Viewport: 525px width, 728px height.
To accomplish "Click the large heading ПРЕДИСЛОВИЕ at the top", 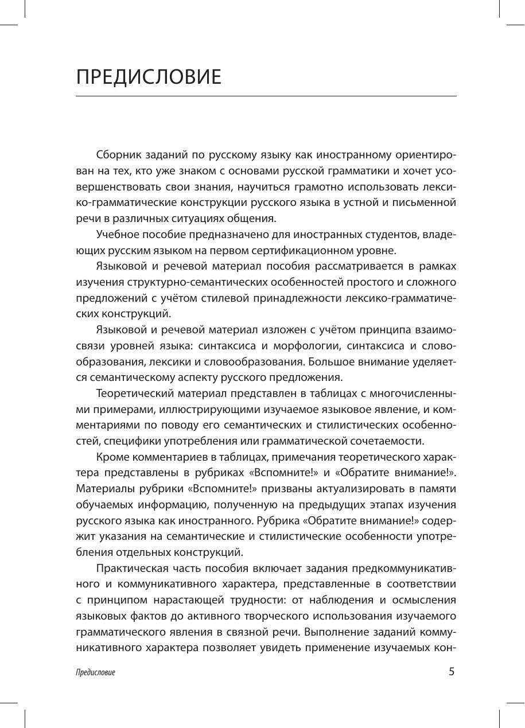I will [x=149, y=77].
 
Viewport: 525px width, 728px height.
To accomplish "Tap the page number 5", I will [x=452, y=672].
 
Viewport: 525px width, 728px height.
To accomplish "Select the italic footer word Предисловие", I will [x=95, y=673].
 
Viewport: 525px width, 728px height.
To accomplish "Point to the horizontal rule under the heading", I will [x=266, y=96].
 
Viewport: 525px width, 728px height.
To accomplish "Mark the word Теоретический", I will [x=134, y=394].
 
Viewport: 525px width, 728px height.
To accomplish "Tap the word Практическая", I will [x=133, y=569].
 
